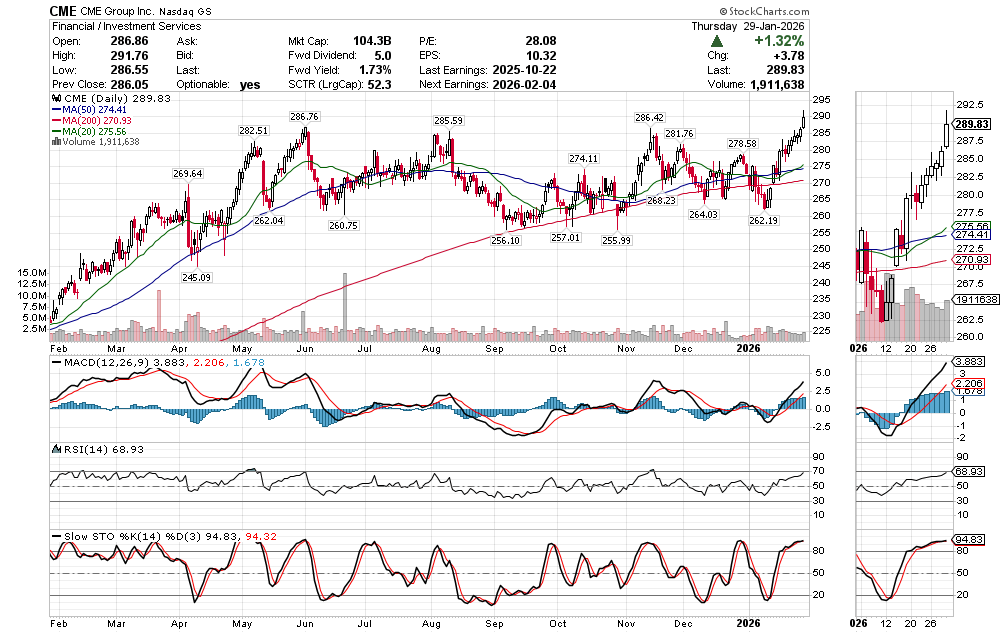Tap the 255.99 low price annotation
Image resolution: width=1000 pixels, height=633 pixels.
[616, 241]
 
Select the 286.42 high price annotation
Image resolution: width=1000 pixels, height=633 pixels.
[650, 117]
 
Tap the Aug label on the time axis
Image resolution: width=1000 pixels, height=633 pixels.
[432, 348]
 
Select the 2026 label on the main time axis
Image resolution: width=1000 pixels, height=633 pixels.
[750, 348]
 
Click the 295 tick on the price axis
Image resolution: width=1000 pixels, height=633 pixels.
[819, 100]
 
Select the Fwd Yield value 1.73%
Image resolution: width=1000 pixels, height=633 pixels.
[376, 70]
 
